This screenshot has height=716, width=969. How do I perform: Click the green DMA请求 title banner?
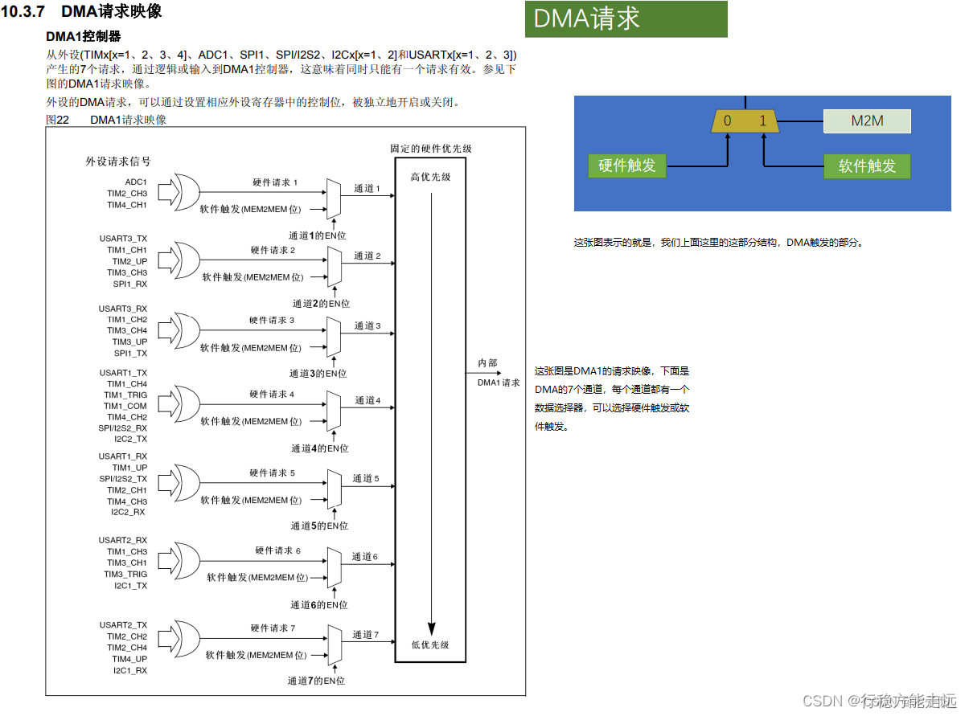[x=626, y=18]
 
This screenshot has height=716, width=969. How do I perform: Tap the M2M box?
[x=867, y=121]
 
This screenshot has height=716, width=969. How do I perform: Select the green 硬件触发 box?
[x=627, y=166]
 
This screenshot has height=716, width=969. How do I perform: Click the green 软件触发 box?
[x=867, y=166]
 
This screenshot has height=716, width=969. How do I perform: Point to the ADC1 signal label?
[x=136, y=182]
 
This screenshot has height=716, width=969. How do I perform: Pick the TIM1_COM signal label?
[x=125, y=406]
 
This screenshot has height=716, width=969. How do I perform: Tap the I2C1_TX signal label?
[x=130, y=586]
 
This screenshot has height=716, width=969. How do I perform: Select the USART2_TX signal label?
[x=123, y=625]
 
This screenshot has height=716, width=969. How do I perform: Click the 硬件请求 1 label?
[x=275, y=183]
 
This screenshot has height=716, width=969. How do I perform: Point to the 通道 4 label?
[x=367, y=400]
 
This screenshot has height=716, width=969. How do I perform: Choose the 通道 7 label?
[x=365, y=635]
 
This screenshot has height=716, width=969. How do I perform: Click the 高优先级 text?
[x=430, y=177]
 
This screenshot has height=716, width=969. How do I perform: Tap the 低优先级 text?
[x=430, y=644]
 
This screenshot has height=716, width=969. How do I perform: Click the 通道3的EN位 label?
[x=318, y=374]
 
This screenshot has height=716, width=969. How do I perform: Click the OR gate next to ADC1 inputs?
[x=186, y=193]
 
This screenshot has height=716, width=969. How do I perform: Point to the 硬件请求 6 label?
[x=277, y=550]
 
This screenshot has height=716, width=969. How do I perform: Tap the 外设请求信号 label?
[x=118, y=162]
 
